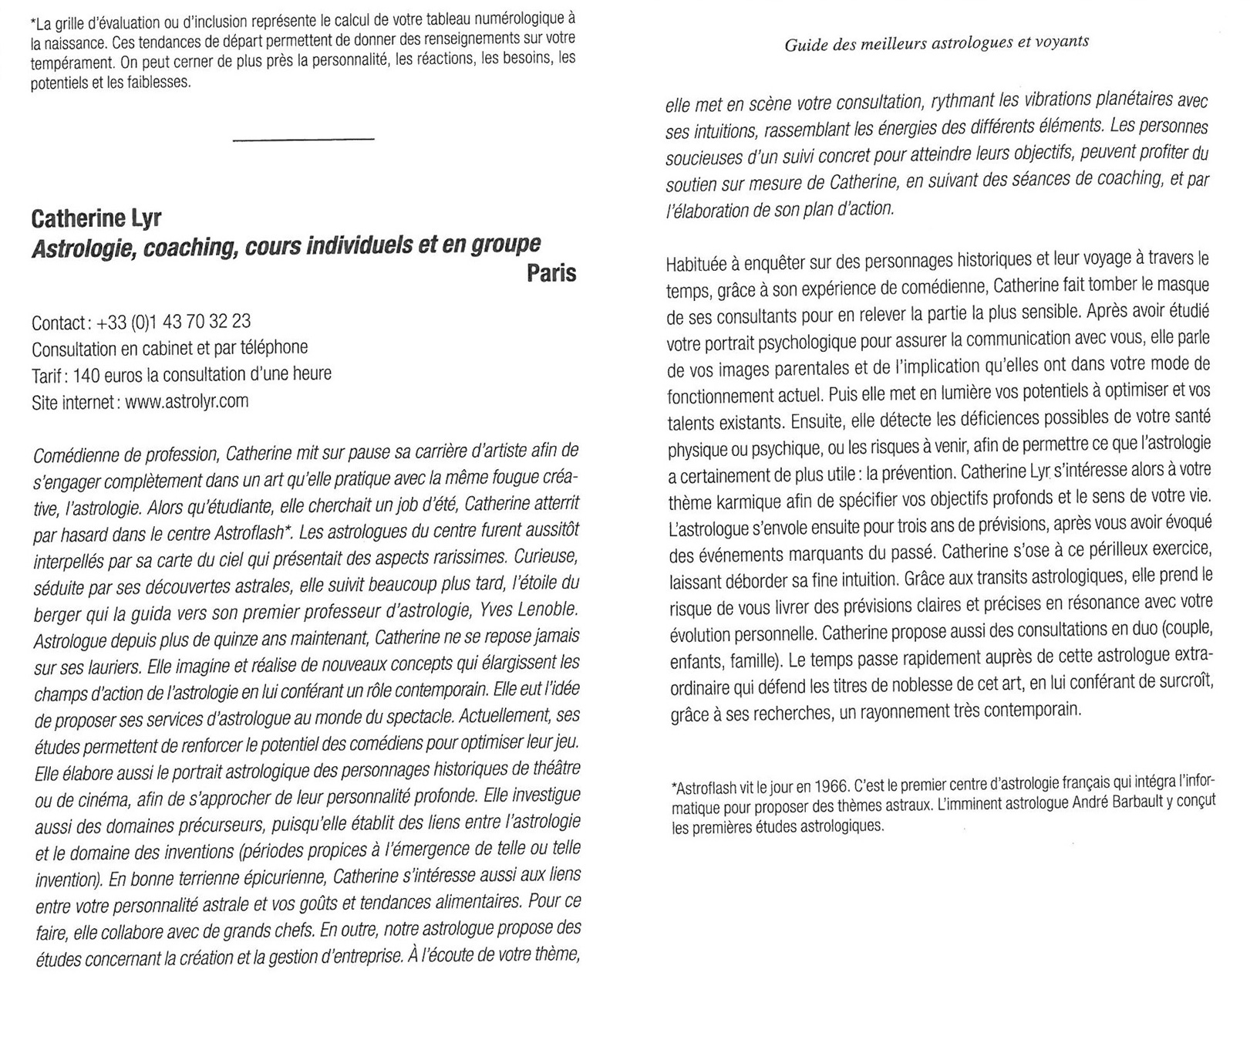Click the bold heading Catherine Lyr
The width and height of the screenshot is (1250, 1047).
[96, 218]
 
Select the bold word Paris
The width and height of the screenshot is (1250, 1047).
[551, 273]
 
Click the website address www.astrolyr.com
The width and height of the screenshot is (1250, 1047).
[186, 401]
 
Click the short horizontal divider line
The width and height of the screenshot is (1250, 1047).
[303, 140]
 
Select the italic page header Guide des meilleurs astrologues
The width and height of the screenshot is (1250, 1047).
[936, 42]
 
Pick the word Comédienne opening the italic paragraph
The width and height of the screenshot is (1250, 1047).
[73, 454]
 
